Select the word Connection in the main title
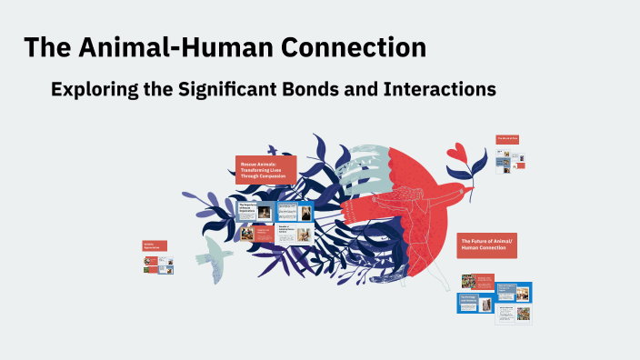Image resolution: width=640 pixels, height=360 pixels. (x=359, y=48)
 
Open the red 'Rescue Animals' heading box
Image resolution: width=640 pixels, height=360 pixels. (x=265, y=170)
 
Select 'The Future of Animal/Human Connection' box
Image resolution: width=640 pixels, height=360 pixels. (x=486, y=244)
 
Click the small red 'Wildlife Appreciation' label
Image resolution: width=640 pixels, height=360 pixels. (x=154, y=245)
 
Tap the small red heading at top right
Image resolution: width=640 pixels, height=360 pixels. (x=506, y=139)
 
